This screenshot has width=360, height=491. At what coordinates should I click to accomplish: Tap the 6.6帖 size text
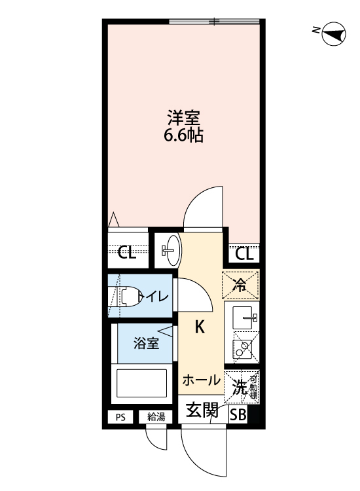[183, 137]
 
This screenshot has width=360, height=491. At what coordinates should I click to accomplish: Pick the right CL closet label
[243, 253]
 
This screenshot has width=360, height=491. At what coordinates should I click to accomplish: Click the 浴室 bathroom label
[146, 344]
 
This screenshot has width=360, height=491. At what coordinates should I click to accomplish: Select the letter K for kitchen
[200, 326]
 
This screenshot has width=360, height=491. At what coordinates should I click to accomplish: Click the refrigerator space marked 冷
[241, 284]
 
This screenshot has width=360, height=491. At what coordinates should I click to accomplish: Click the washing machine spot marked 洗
[240, 387]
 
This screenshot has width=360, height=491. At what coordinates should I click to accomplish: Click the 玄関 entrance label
[202, 411]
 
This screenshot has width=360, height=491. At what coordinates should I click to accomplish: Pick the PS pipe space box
[120, 416]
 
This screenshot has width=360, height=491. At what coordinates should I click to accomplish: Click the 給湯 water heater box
[156, 416]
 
